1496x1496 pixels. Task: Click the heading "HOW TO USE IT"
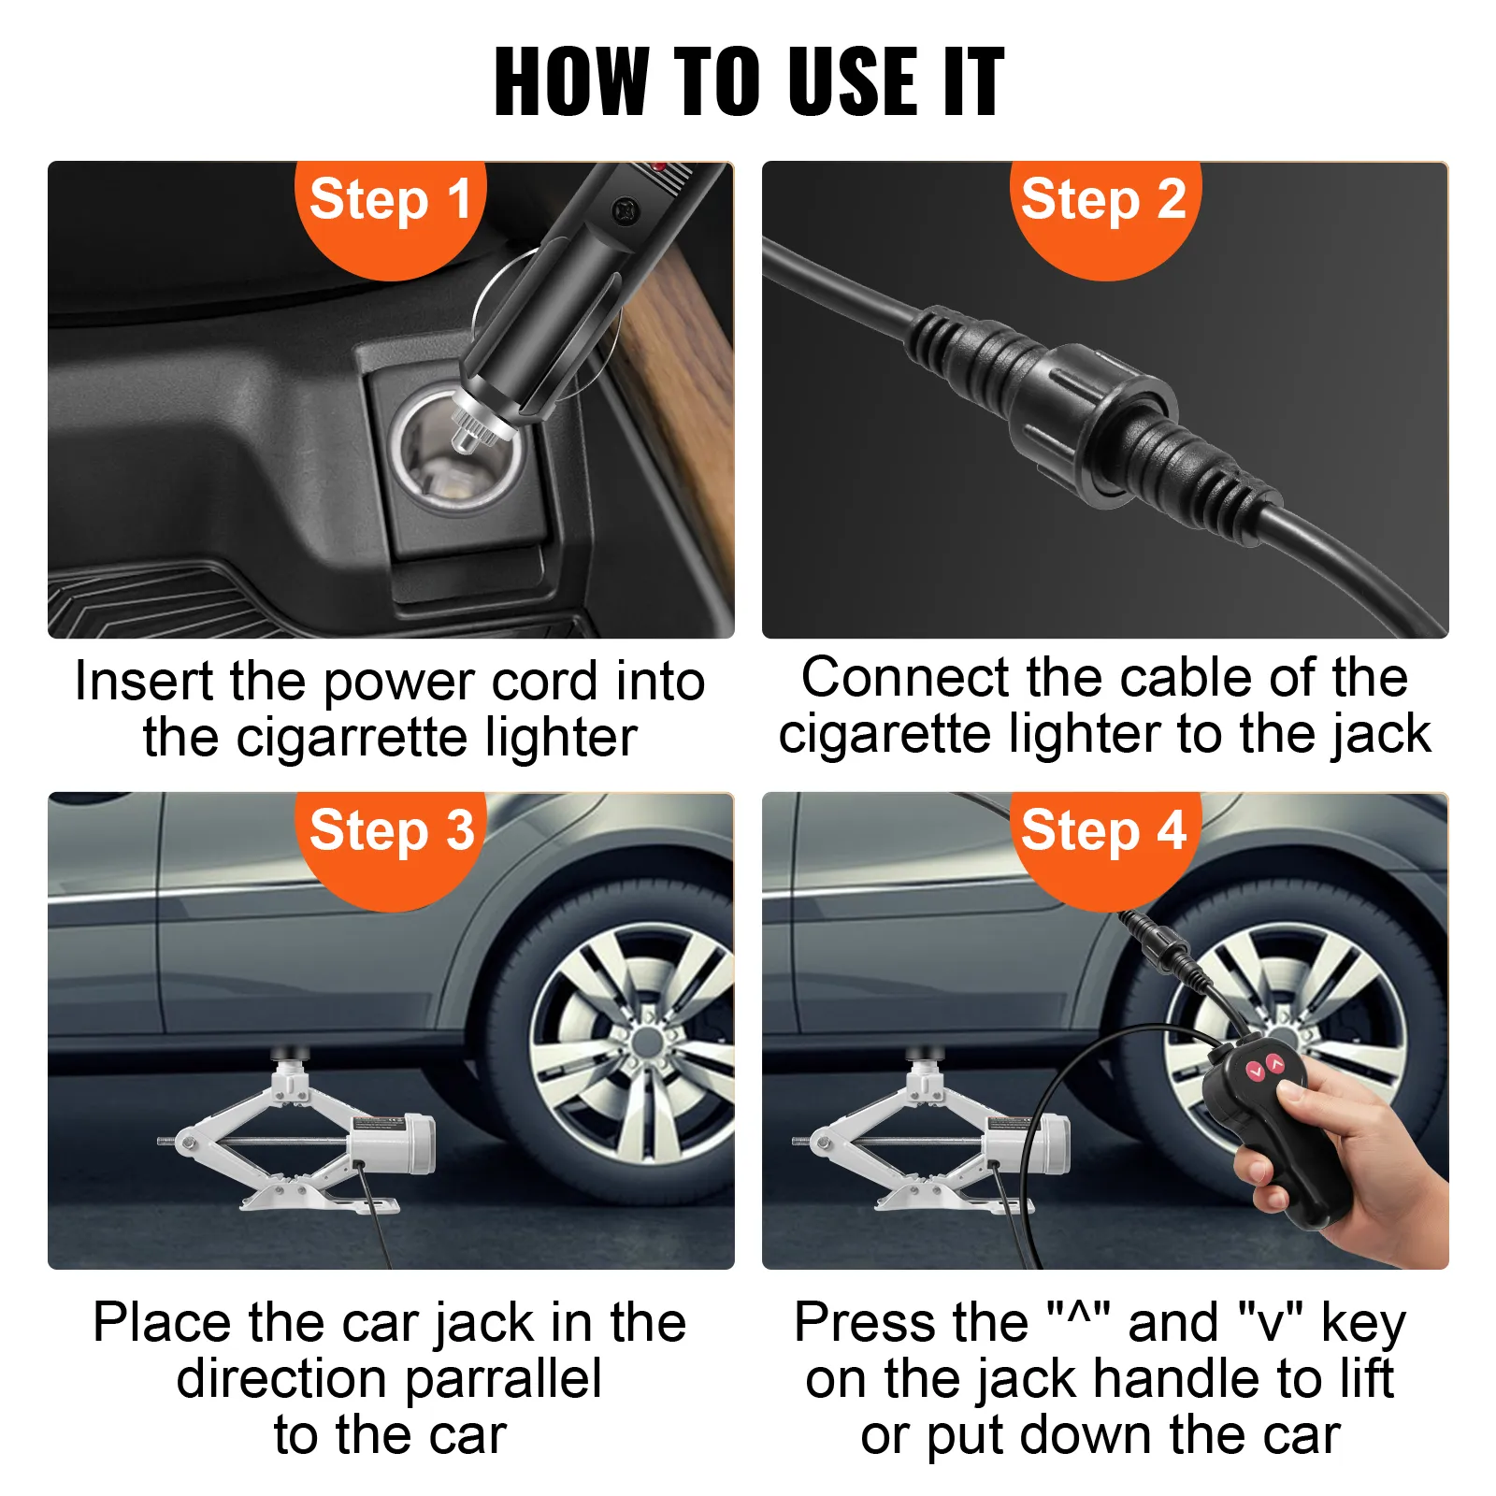click(x=749, y=82)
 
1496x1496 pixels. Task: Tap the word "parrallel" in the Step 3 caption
click(x=503, y=1380)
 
